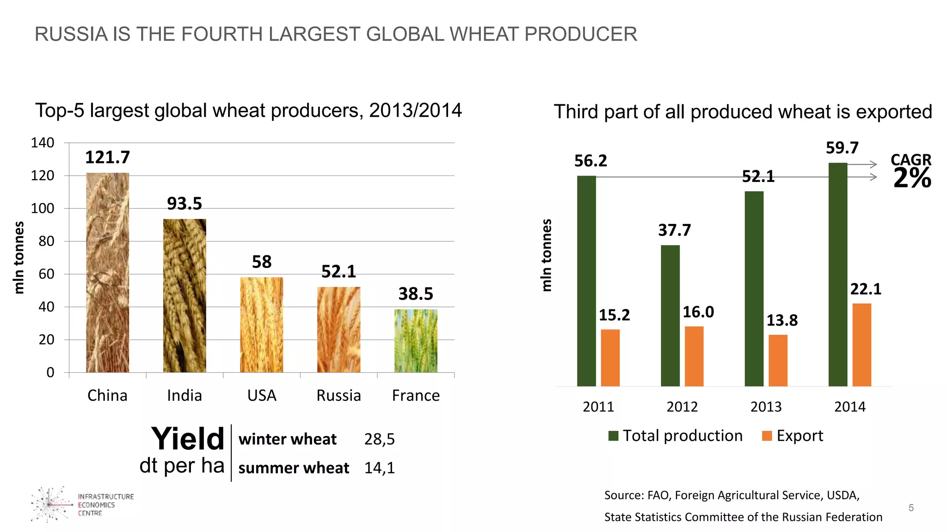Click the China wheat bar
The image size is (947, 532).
pyautogui.click(x=107, y=272)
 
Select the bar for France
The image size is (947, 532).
pyautogui.click(x=415, y=341)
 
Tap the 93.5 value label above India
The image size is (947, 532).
pyautogui.click(x=184, y=204)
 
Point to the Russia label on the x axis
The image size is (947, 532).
pyautogui.click(x=338, y=396)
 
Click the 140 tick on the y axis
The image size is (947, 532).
pyautogui.click(x=43, y=143)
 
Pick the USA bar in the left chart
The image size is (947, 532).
pyautogui.click(x=261, y=325)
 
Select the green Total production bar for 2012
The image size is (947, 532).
pyautogui.click(x=670, y=315)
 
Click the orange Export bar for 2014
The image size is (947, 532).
pyautogui.click(x=861, y=345)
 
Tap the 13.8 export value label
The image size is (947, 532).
pyautogui.click(x=782, y=320)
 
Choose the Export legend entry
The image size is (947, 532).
pyautogui.click(x=793, y=436)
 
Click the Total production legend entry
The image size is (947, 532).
pyautogui.click(x=676, y=436)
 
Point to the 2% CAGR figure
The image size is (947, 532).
pyautogui.click(x=912, y=178)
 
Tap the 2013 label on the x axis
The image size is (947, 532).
pyautogui.click(x=766, y=407)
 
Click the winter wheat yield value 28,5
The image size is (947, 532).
pyautogui.click(x=379, y=439)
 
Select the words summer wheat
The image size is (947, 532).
pyautogui.click(x=294, y=468)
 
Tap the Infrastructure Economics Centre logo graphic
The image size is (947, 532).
pyautogui.click(x=50, y=504)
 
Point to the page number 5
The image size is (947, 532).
pyautogui.click(x=911, y=508)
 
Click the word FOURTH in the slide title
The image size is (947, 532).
pyautogui.click(x=222, y=35)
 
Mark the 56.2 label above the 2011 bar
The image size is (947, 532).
pyautogui.click(x=590, y=161)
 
